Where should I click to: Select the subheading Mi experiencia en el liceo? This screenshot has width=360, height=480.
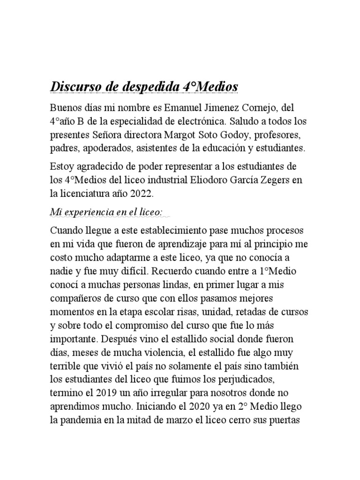point(106,212)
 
